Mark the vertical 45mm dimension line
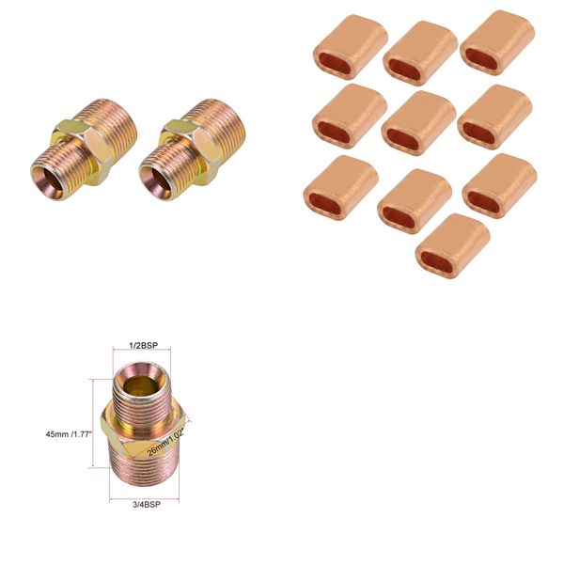(93, 423)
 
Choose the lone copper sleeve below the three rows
(452, 246)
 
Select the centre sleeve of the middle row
(420, 120)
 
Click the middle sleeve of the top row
(420, 53)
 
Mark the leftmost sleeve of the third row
(340, 187)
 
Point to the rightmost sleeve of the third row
(498, 185)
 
